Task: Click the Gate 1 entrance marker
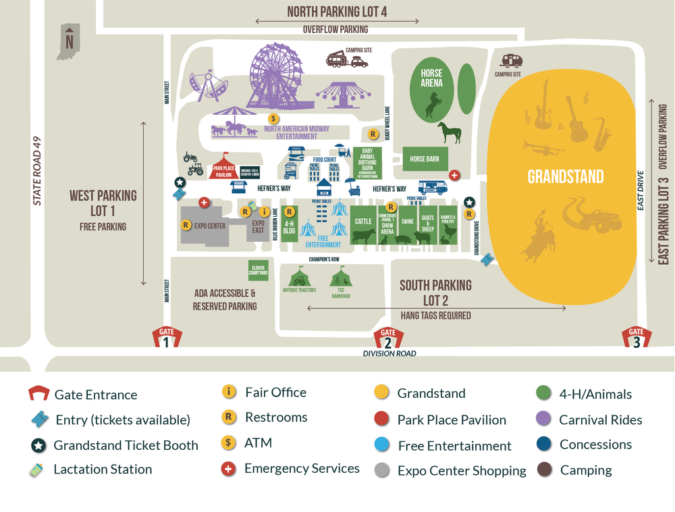click(166, 337)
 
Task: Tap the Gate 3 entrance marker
click(637, 336)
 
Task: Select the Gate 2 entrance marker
click(388, 337)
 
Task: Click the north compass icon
click(69, 42)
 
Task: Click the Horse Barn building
click(425, 159)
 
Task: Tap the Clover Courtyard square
click(259, 270)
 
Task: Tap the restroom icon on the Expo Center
click(187, 226)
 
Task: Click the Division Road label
click(389, 353)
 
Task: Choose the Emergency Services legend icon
click(230, 469)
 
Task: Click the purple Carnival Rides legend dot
click(544, 419)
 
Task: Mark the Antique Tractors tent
click(298, 278)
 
